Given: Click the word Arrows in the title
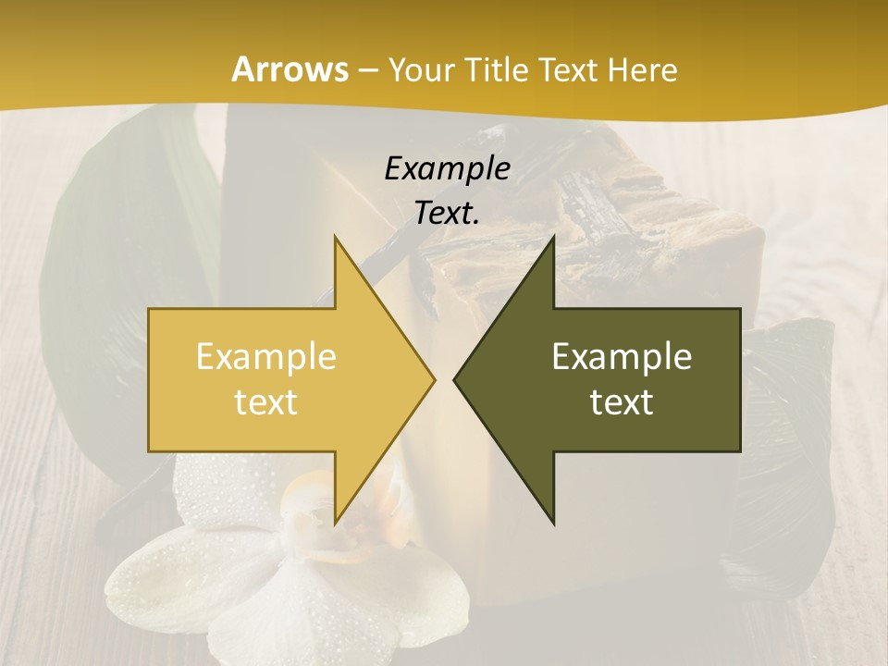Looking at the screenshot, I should click(x=289, y=69).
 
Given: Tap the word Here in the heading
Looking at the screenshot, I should click(x=645, y=70).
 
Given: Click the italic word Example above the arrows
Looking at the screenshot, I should click(x=447, y=169).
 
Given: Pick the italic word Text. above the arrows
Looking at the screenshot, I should click(x=447, y=214).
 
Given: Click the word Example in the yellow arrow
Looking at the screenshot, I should click(x=266, y=356).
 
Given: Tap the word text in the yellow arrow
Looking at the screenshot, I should click(x=266, y=401).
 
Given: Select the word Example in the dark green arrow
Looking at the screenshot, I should click(x=622, y=356).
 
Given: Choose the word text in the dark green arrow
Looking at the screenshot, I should click(x=622, y=401).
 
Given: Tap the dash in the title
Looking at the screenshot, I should click(x=366, y=70).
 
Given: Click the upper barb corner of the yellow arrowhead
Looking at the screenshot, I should click(x=335, y=238).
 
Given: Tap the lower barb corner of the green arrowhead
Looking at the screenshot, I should click(x=553, y=524).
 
